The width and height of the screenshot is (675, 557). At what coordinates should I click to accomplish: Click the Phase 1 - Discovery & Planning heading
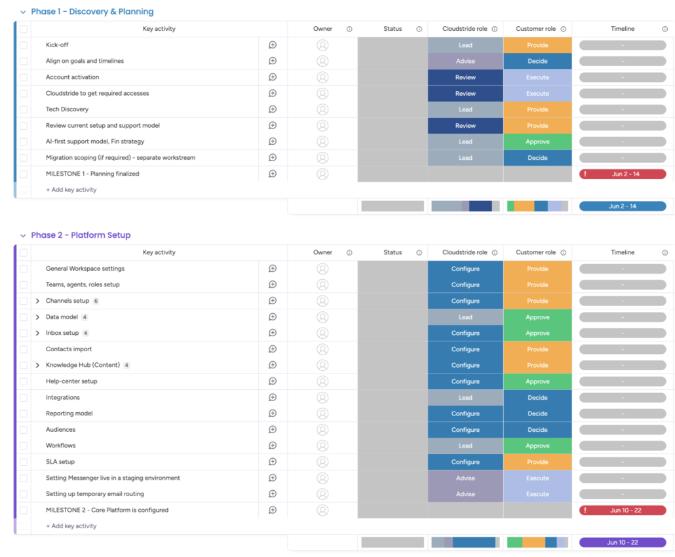[92, 12]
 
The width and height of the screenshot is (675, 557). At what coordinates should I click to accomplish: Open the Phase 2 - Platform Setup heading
[81, 235]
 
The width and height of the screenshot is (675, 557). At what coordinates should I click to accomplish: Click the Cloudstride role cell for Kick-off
[465, 45]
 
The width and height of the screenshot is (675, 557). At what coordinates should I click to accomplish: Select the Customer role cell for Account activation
[537, 77]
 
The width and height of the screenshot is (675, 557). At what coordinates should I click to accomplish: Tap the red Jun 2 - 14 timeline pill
[623, 174]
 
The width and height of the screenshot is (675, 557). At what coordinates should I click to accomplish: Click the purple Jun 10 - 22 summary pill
[623, 543]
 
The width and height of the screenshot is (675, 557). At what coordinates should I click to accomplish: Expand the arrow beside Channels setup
[37, 301]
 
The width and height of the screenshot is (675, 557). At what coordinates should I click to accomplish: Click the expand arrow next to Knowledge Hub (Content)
[37, 365]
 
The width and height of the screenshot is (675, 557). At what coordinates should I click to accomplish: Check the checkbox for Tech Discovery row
[24, 109]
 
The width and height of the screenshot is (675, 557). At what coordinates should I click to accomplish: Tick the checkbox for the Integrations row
[24, 398]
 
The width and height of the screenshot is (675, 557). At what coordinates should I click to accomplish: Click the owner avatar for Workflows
[322, 446]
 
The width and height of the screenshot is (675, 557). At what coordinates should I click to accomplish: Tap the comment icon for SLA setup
[273, 462]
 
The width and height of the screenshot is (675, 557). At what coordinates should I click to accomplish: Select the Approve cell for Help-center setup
[537, 381]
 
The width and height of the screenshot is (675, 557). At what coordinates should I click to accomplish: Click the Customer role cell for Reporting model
[537, 413]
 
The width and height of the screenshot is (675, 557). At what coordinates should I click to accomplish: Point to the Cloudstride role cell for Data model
[465, 317]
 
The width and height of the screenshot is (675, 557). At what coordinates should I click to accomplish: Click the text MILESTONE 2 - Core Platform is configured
[107, 510]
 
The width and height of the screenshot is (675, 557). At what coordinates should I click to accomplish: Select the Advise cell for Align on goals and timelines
[465, 61]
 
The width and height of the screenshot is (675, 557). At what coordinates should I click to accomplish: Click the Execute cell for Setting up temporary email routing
[537, 494]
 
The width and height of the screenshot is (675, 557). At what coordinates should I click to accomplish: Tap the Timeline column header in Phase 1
[623, 29]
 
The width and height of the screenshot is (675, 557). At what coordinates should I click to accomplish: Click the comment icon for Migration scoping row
[273, 158]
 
